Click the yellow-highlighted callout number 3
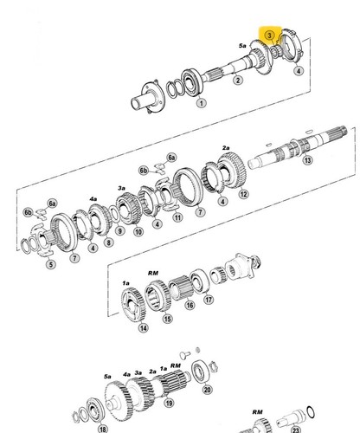tap(269, 36)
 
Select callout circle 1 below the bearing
tap(202, 103)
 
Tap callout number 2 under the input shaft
tap(237, 80)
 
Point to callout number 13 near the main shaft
tap(307, 159)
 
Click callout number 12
tap(243, 194)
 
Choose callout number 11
tap(177, 216)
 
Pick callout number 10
tap(138, 231)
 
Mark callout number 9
tap(119, 230)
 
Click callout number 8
tap(108, 242)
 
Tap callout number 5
tap(51, 264)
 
